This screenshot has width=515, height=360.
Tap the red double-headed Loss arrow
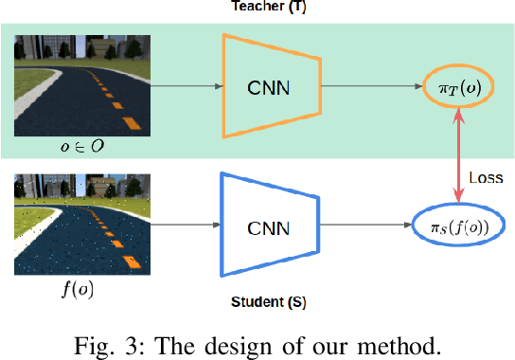pyautogui.click(x=458, y=157)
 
